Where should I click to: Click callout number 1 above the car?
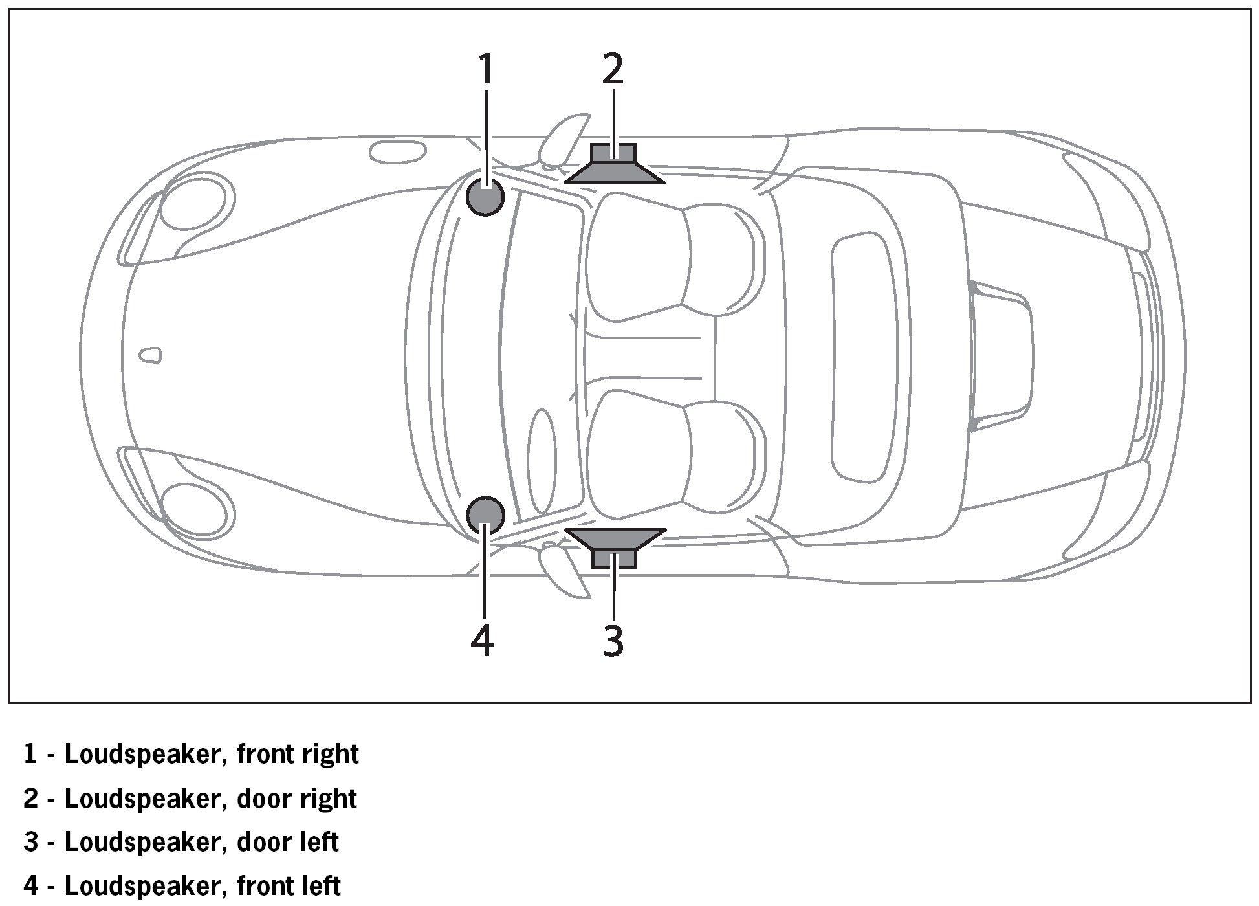485,69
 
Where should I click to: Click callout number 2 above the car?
612,69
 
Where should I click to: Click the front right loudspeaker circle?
485,197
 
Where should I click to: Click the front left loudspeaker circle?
485,515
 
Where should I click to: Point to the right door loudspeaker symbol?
613,164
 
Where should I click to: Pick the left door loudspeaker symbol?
613,547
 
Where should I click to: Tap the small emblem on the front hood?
151,355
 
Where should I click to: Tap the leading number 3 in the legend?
30,842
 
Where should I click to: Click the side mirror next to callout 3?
562,569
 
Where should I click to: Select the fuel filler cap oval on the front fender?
398,152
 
